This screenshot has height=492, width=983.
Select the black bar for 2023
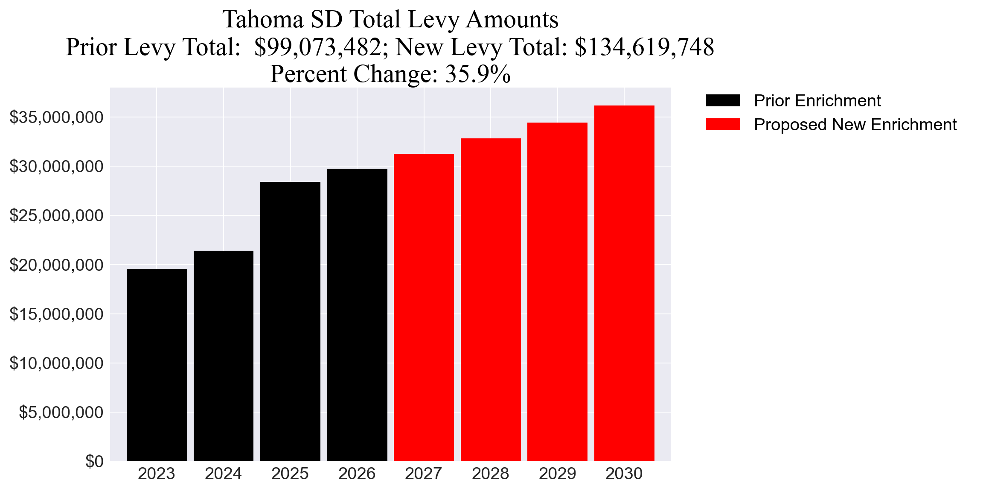(157, 365)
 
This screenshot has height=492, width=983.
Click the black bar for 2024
(224, 356)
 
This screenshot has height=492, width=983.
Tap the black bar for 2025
(290, 322)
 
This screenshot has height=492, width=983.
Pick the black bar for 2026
(357, 315)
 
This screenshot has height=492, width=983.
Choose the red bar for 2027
(424, 307)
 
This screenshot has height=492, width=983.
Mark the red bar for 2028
(491, 300)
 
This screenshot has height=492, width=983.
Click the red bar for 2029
(557, 292)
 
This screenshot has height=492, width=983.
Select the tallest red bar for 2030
(624, 283)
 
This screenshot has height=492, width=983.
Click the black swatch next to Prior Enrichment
(723, 101)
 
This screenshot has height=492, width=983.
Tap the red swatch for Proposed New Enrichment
(723, 125)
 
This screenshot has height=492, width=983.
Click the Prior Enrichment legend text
(817, 101)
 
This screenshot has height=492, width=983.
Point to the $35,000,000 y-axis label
(56, 117)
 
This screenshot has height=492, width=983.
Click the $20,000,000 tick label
(56, 265)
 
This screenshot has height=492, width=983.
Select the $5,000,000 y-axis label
(61, 412)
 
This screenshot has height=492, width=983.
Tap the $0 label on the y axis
(94, 461)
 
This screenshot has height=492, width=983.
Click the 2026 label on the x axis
(357, 474)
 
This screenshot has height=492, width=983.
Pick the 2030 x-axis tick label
(624, 474)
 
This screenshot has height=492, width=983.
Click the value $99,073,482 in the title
(317, 47)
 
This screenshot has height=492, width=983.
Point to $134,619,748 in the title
(644, 47)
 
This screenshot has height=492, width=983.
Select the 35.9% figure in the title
(478, 74)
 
